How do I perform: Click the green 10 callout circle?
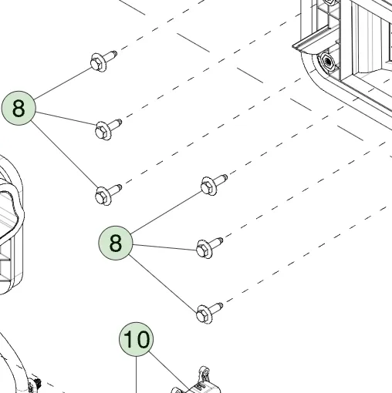[x=137, y=339]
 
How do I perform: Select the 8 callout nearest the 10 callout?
[x=116, y=243]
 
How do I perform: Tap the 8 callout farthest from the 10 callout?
[x=19, y=108]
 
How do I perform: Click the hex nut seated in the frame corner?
[x=327, y=62]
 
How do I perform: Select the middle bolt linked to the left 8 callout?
[x=108, y=129]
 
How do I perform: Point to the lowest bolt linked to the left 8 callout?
[x=108, y=194]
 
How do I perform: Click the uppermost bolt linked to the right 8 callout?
[x=214, y=185]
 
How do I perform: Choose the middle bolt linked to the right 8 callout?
[x=209, y=248]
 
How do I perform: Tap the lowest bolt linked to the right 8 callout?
[x=209, y=313]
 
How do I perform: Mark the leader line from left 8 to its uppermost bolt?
[x=63, y=83]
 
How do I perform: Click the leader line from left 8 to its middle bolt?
[x=66, y=119]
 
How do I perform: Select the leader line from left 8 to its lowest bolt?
[x=65, y=155]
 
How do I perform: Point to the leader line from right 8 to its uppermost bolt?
[x=167, y=212]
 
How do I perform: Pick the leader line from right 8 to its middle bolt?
[x=165, y=247]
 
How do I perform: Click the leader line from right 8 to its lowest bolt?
[x=164, y=284]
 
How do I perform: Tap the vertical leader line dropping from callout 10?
[x=137, y=375]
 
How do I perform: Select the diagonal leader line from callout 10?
[x=169, y=372]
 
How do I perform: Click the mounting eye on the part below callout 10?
[x=204, y=372]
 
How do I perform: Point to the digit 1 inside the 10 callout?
[x=128, y=339]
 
